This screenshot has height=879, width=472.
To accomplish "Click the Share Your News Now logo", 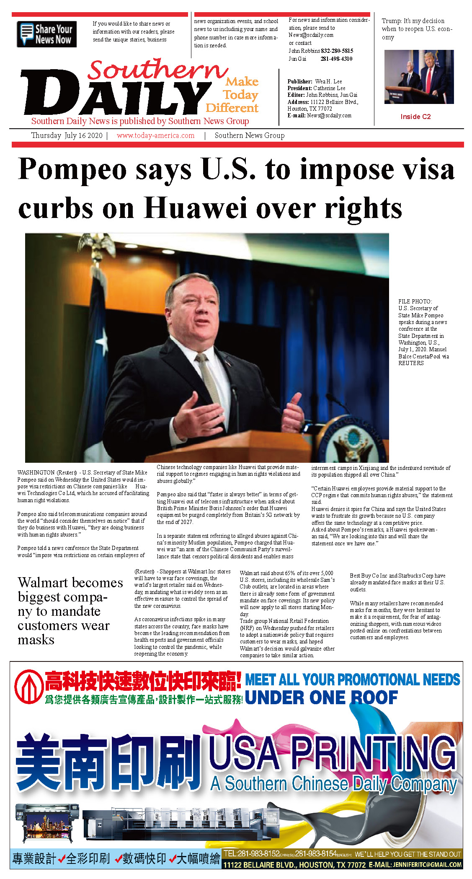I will coord(46,34).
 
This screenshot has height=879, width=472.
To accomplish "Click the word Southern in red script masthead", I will coord(157,70).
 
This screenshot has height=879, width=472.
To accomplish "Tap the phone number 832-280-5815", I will coord(337,51).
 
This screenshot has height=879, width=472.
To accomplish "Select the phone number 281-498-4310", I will coord(336,59).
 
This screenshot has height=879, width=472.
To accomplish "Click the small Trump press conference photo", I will coord(419,77).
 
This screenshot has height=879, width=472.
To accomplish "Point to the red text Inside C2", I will coord(415,117).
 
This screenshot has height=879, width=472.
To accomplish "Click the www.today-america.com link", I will coord(155,135).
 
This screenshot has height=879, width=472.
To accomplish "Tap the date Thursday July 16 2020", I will coord(67,135).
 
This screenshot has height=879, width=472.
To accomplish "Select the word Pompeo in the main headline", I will coord(72,169).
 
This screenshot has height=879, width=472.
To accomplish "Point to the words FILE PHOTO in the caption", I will coord(415,301).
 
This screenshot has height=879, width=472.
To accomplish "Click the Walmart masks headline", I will coord(70,611).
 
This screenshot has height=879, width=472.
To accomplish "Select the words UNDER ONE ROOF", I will coord(321,698).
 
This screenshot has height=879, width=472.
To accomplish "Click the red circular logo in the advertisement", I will coord(28,687).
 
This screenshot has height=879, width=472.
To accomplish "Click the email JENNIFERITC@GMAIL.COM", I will coord(427,865).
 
